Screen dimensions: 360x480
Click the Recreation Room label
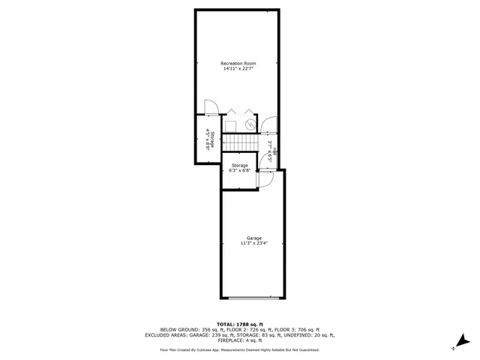coord(238,63)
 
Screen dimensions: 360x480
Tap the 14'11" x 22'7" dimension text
coord(238,69)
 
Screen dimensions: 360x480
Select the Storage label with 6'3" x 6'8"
coord(239,169)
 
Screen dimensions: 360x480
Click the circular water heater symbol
coord(250,124)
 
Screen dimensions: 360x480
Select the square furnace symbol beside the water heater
coord(232,124)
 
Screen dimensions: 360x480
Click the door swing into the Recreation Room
coord(211,108)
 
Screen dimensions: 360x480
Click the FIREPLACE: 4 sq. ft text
coord(239,341)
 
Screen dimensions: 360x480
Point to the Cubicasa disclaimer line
coord(239,349)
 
